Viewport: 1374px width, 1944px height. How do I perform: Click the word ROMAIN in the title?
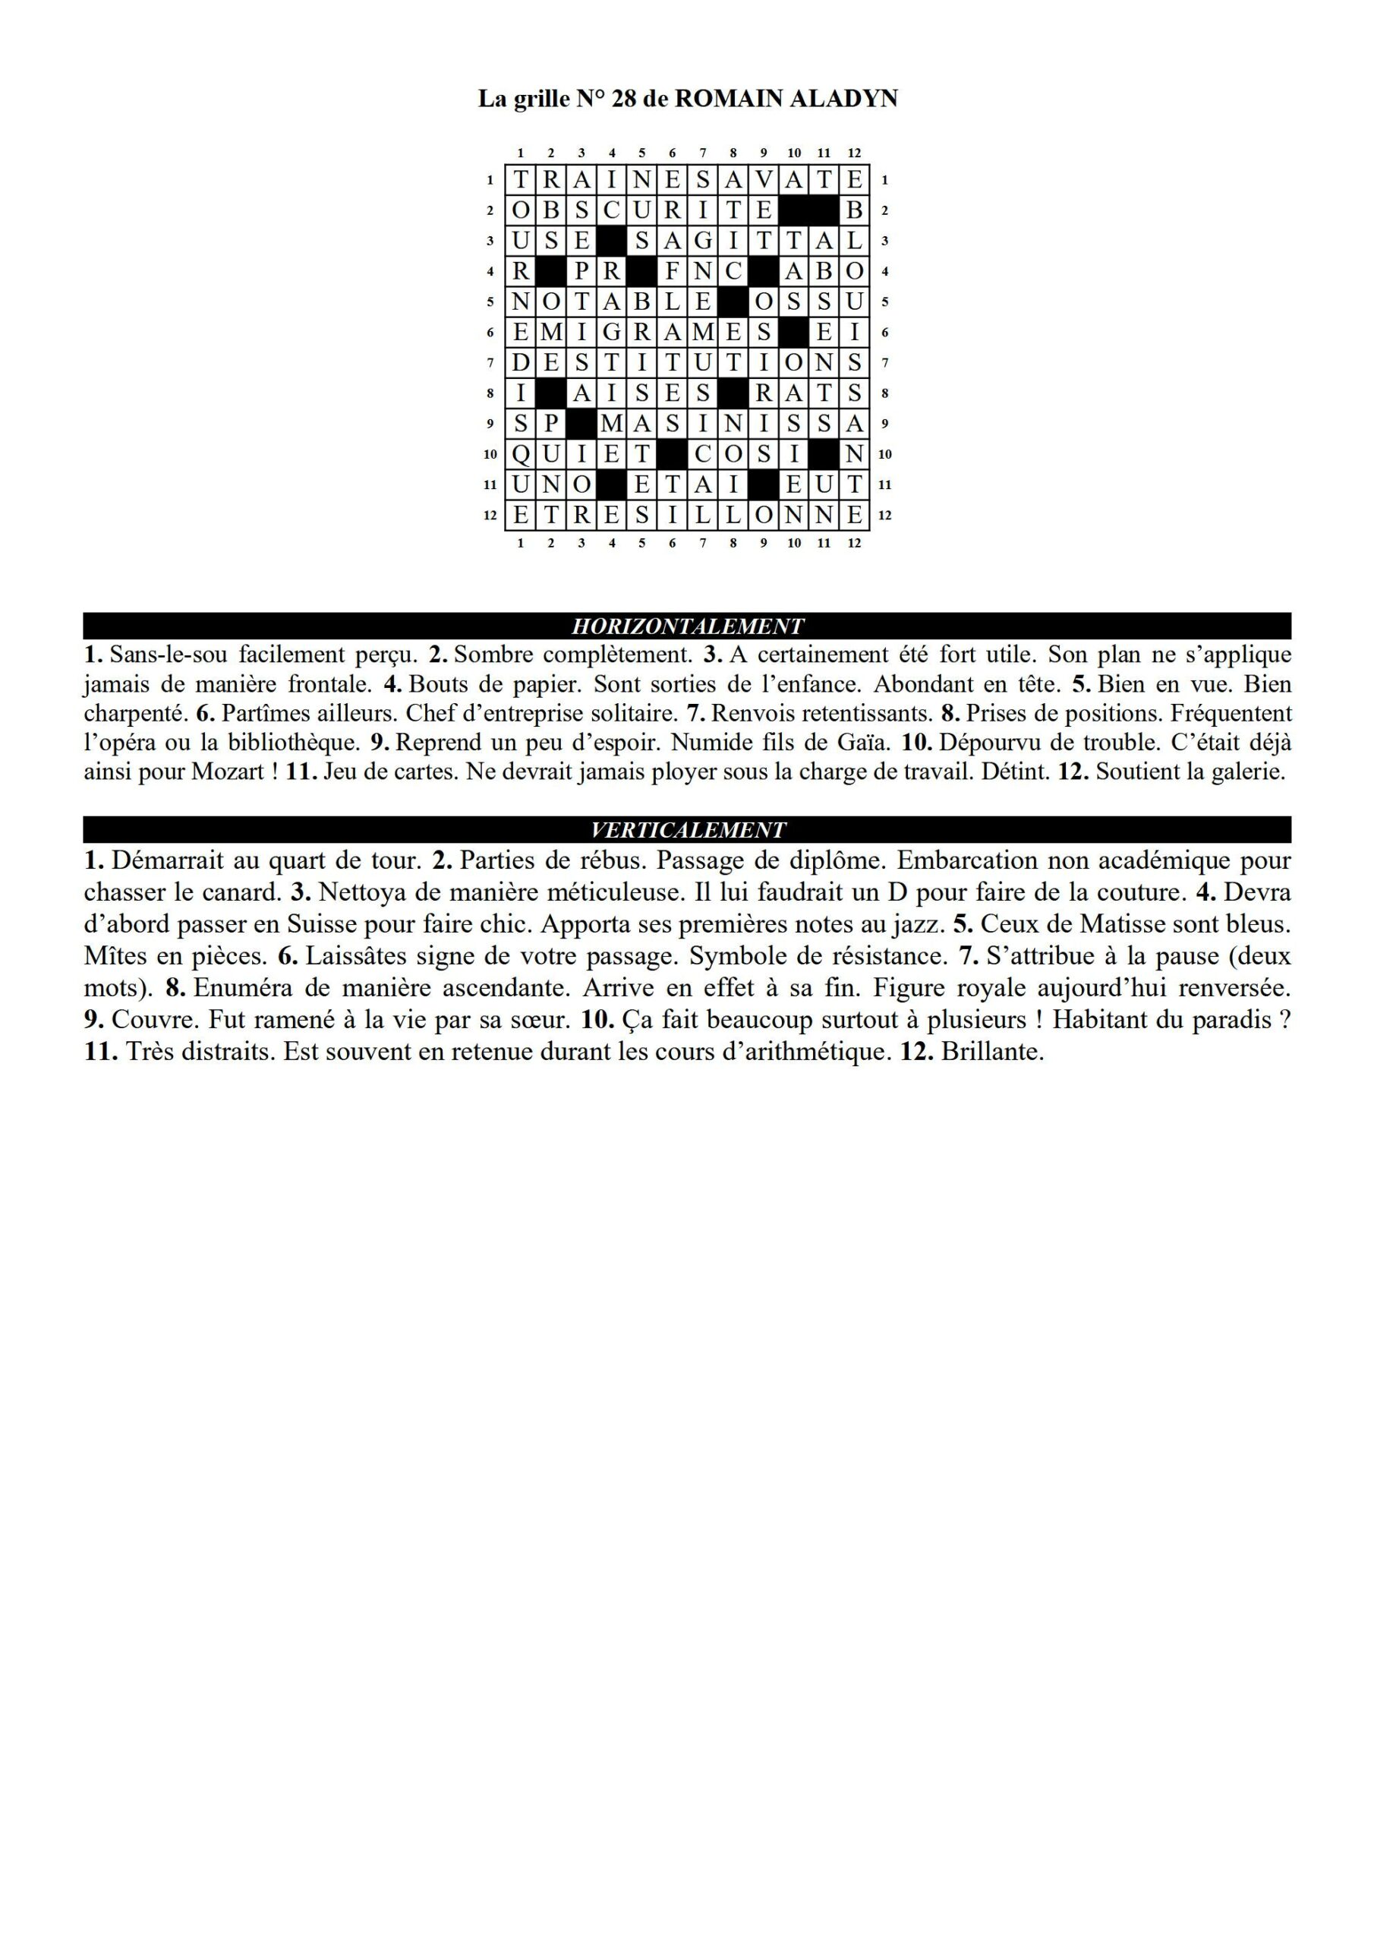729,99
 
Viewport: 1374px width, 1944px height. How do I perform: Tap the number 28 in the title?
622,99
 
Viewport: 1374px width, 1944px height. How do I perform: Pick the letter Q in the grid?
521,455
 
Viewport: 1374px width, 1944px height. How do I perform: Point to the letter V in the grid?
764,180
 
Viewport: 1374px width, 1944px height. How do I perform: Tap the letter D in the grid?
521,363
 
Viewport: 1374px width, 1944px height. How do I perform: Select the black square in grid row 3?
612,241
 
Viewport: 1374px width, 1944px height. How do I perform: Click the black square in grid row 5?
733,302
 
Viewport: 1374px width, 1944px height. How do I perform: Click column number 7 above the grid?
703,153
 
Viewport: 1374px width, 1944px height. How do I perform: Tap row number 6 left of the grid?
490,333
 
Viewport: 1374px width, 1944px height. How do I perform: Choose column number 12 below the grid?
854,543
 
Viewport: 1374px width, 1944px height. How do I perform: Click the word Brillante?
991,1052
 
